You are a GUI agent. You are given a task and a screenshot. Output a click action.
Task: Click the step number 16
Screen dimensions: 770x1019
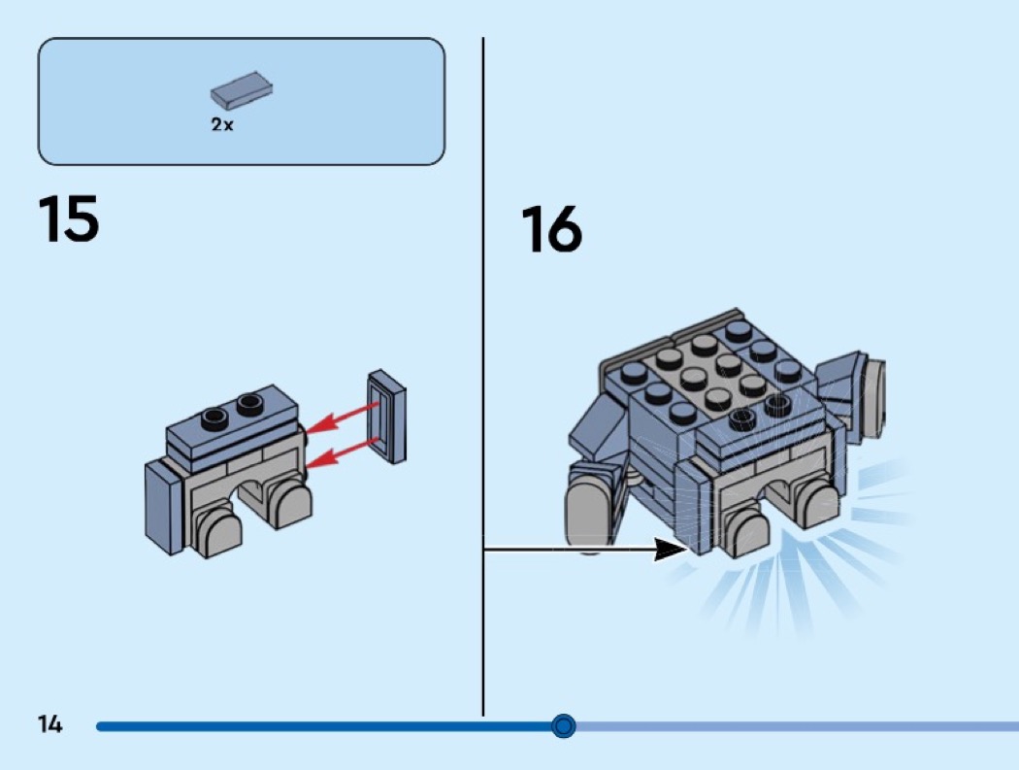click(551, 230)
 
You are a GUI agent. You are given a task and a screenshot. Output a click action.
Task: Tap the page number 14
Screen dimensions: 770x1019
click(49, 724)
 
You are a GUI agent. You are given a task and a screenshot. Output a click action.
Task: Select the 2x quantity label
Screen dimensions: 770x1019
click(222, 125)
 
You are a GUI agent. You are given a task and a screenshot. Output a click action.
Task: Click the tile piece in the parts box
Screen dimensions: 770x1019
click(241, 90)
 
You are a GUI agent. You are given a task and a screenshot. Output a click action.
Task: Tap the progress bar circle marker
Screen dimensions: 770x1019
click(563, 725)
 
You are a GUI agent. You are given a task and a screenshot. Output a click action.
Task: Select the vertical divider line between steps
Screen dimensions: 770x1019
click(482, 388)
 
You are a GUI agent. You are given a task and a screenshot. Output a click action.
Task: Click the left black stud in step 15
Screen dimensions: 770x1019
click(214, 417)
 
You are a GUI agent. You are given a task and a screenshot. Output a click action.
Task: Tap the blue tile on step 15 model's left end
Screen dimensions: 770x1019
click(163, 505)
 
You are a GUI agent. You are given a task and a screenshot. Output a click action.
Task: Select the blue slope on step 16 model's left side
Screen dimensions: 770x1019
click(598, 427)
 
